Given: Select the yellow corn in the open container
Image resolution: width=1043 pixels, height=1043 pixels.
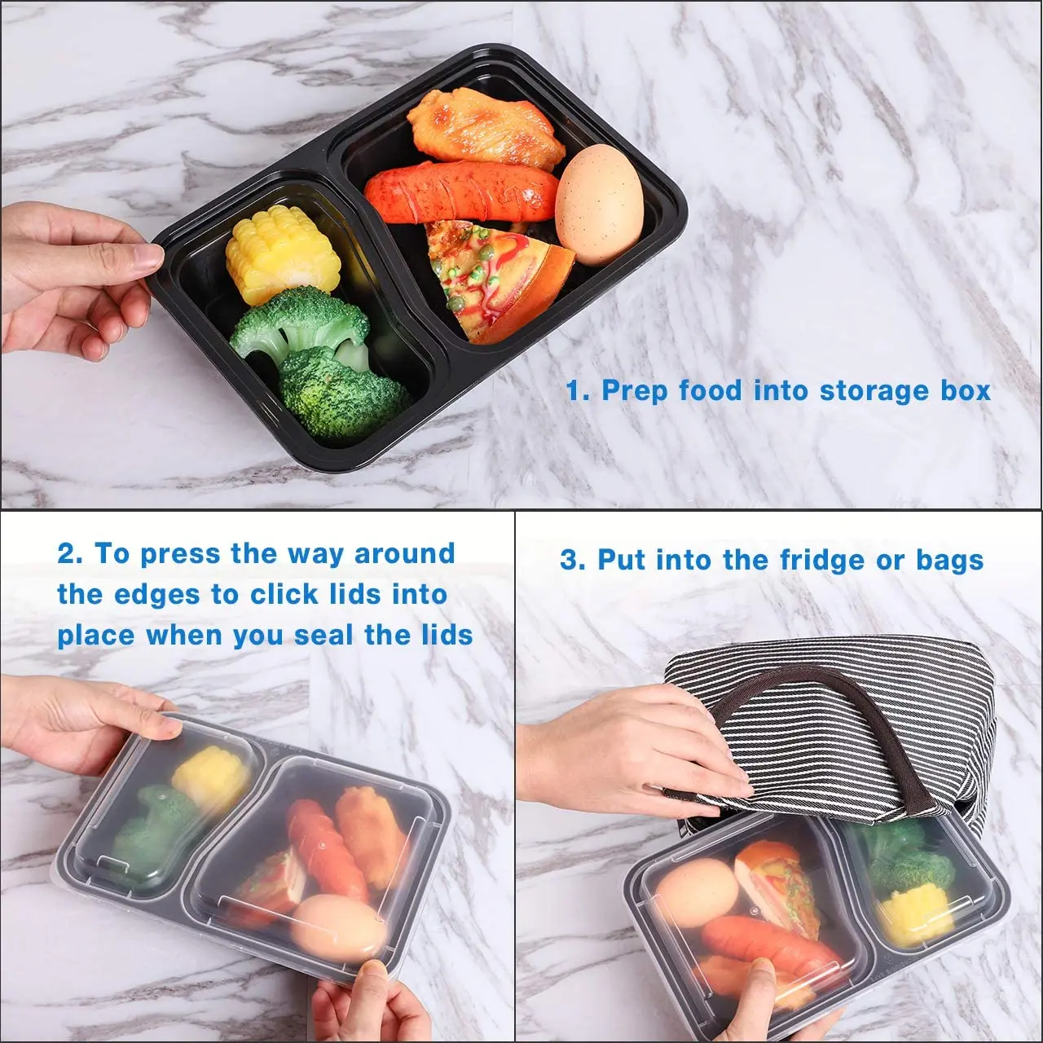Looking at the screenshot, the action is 283,254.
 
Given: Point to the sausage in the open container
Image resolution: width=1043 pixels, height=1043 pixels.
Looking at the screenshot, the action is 462,191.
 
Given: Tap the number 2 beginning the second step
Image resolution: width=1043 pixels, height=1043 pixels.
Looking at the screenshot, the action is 69,554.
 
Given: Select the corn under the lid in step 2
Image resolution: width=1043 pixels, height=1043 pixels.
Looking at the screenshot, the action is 212,778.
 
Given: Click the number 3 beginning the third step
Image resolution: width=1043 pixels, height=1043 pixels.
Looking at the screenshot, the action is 571,561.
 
